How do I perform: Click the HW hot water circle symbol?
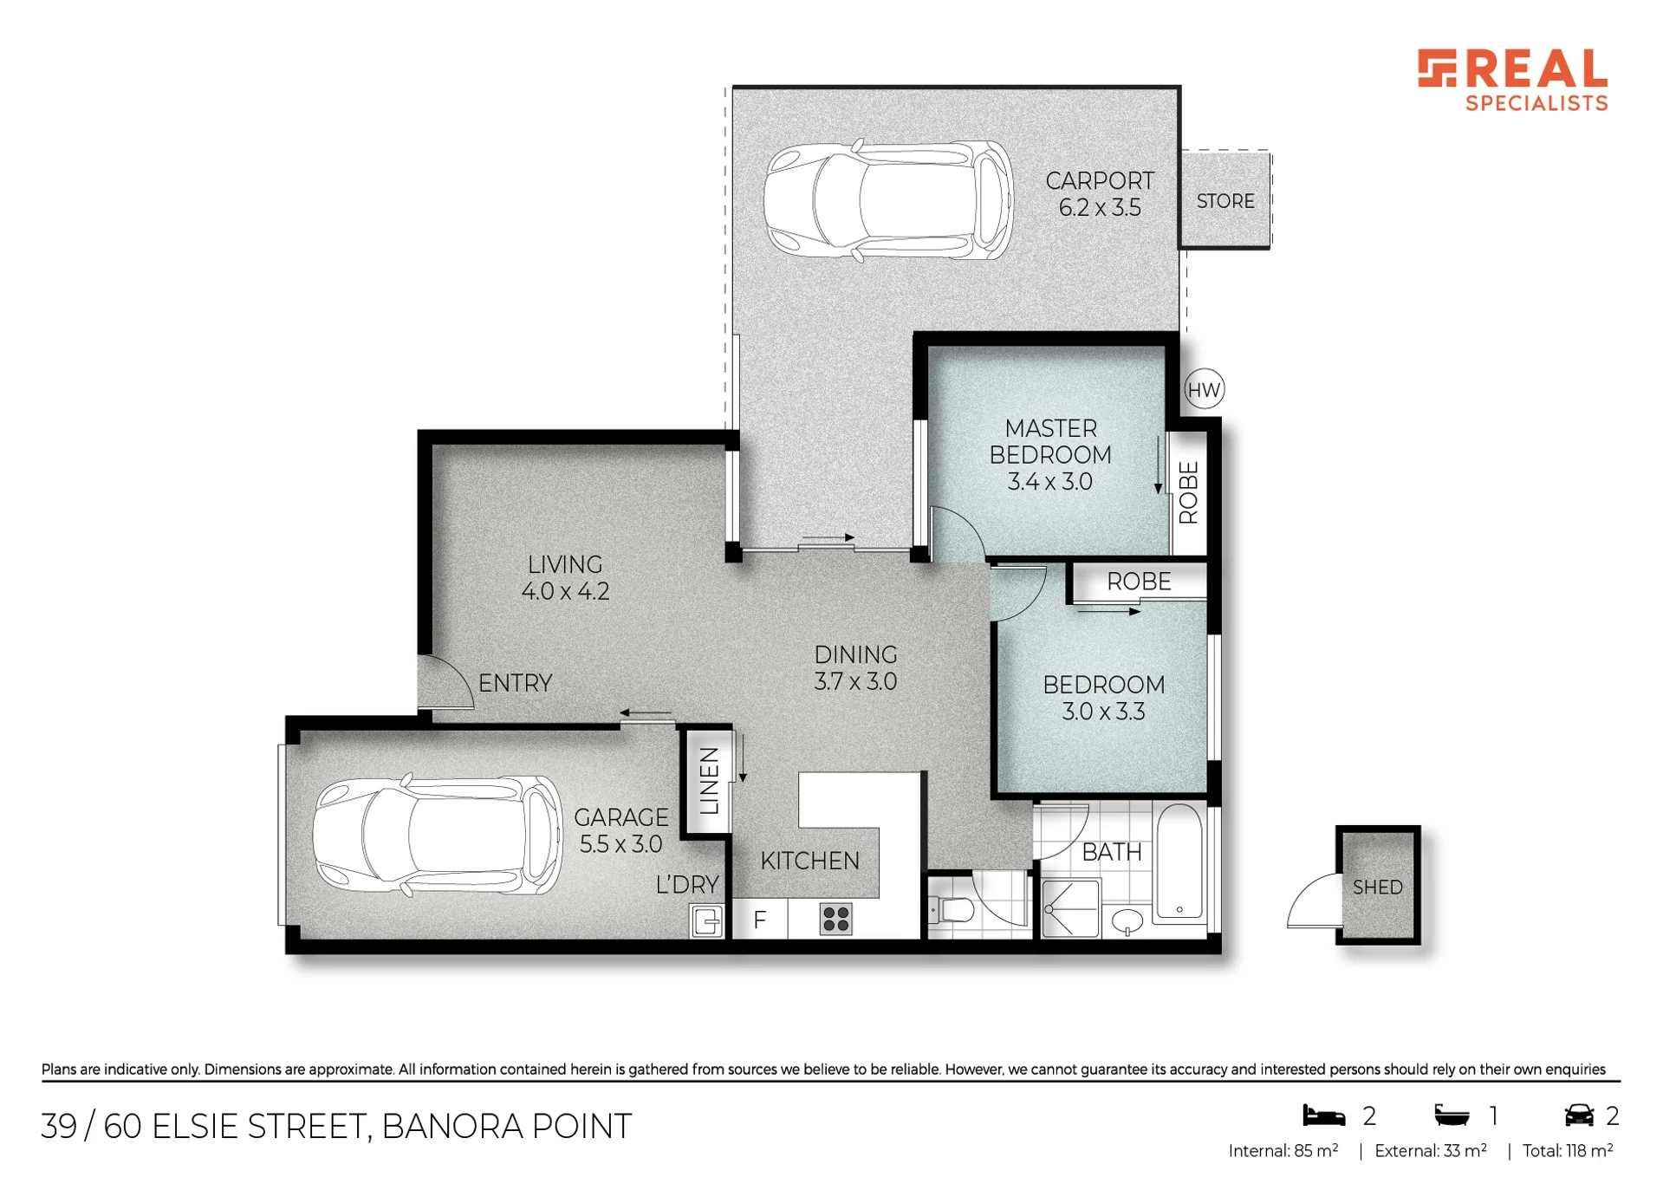tap(1204, 390)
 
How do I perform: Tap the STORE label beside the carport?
tap(1225, 201)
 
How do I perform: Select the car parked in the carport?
tap(888, 200)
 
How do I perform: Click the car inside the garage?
tap(438, 835)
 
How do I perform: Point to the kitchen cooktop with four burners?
tap(835, 919)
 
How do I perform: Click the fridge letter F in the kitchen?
tap(760, 920)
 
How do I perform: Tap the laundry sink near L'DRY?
tap(706, 920)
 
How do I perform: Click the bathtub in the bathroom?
tap(1179, 862)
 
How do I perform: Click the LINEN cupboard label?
tap(710, 781)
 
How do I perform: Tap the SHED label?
tap(1377, 888)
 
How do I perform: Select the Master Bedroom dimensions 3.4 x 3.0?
tap(1049, 481)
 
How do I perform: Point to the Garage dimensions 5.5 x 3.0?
tap(620, 843)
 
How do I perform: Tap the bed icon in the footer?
tap(1324, 1115)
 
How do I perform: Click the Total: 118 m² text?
tap(1567, 1151)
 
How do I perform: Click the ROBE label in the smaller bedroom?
tap(1139, 582)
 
